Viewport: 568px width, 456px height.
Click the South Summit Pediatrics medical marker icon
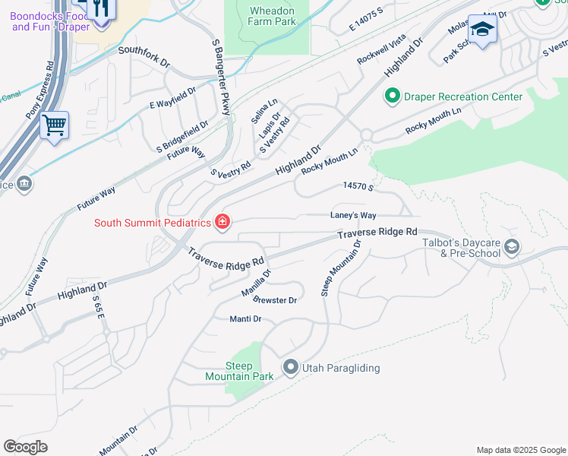click(222, 222)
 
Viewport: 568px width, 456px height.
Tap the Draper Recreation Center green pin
click(393, 97)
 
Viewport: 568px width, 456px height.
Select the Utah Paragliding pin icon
click(290, 368)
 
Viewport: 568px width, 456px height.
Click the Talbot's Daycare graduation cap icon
click(512, 246)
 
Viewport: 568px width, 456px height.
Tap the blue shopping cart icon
click(54, 125)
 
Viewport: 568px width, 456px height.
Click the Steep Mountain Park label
click(239, 371)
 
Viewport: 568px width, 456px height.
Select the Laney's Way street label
click(353, 215)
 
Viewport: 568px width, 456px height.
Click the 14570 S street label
click(359, 185)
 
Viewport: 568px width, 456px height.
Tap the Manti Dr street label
click(245, 319)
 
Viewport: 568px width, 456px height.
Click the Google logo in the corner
click(26, 447)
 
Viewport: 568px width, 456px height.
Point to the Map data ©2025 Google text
click(520, 450)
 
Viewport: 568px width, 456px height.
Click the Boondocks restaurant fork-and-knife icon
click(100, 8)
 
